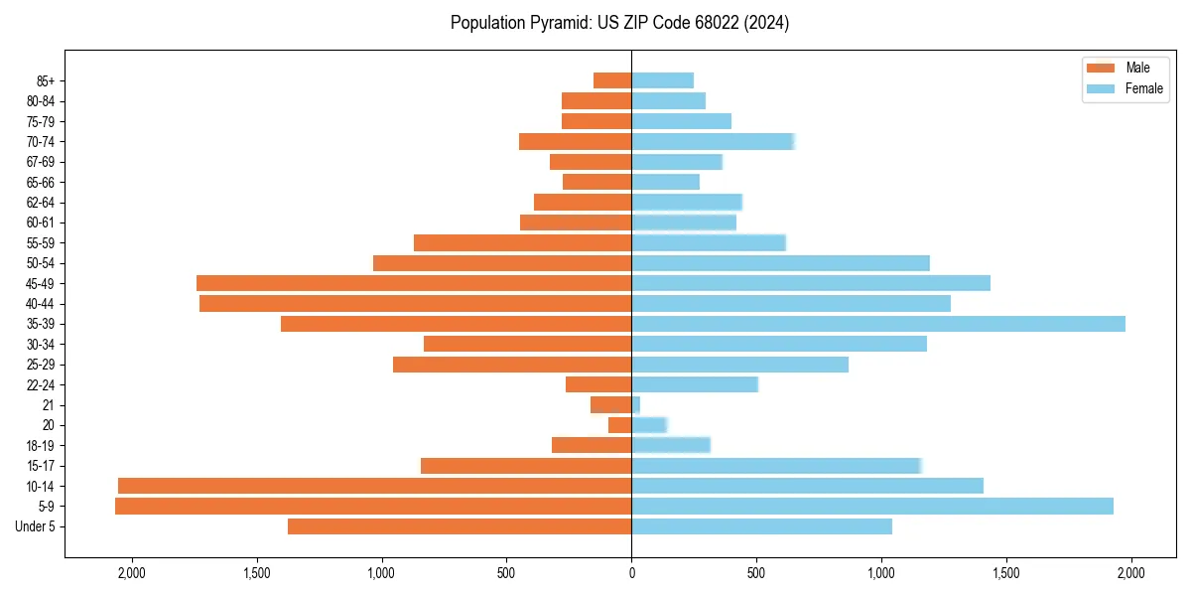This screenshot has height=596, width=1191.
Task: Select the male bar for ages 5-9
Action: click(x=373, y=507)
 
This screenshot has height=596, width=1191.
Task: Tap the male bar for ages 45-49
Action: click(x=414, y=283)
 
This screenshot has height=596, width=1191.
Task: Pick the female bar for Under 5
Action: click(x=761, y=526)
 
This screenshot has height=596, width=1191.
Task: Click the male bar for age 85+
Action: click(x=612, y=80)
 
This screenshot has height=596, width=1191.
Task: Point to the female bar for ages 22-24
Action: click(x=695, y=384)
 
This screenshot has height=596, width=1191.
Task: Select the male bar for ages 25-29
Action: click(x=512, y=365)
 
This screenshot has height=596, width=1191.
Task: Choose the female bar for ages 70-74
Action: click(x=713, y=141)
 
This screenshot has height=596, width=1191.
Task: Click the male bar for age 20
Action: click(x=620, y=425)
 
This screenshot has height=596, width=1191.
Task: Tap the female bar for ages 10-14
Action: click(x=807, y=486)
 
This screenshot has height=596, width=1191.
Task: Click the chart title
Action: click(x=619, y=23)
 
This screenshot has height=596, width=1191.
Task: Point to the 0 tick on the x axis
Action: click(x=631, y=572)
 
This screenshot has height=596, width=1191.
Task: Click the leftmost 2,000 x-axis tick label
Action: click(x=131, y=572)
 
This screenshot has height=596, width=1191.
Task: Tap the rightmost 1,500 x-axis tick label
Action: click(x=1005, y=572)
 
